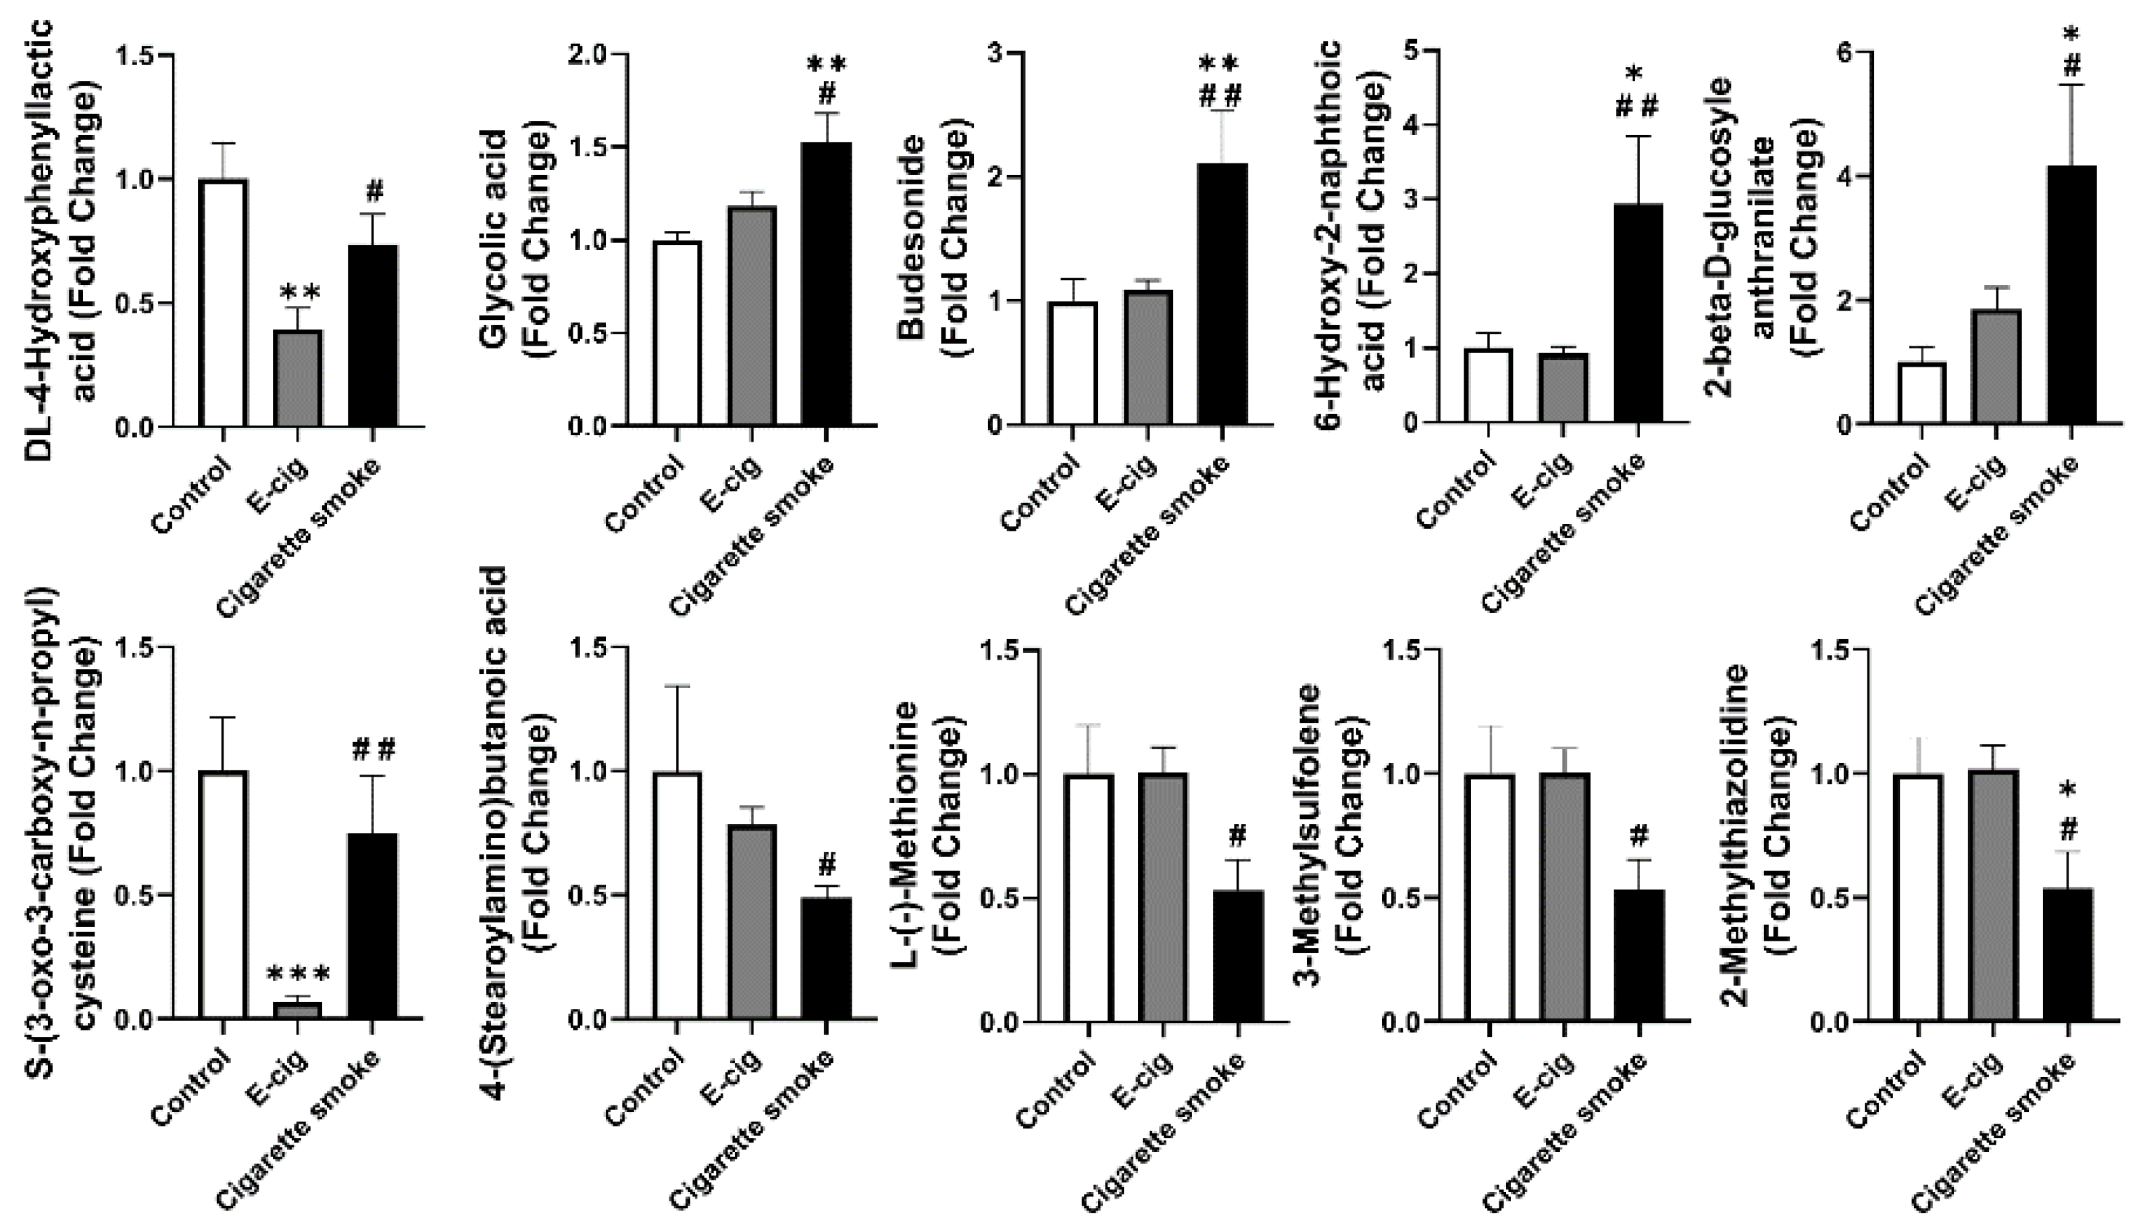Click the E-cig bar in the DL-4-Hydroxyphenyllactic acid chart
pyautogui.click(x=297, y=379)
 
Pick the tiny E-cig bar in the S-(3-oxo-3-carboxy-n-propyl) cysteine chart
pyautogui.click(x=297, y=1010)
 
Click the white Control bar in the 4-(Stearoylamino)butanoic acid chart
pyautogui.click(x=677, y=895)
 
